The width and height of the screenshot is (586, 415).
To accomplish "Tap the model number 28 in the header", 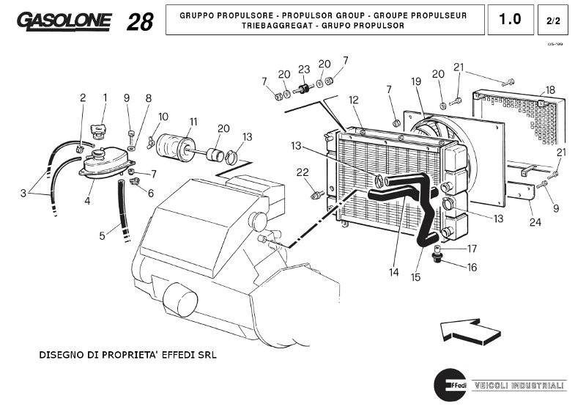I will point(140,22).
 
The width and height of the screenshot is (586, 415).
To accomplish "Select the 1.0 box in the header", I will point(510,20).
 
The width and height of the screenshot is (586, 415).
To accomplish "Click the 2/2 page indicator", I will point(554,21).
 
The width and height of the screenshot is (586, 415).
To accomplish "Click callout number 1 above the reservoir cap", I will point(105,97).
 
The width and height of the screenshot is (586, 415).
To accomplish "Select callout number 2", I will point(83,97).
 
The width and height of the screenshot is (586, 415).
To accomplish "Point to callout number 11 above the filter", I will point(193,121).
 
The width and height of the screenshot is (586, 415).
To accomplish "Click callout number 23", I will point(304,70).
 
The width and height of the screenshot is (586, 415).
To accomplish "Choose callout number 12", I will point(353,100).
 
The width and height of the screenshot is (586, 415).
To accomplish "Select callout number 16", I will point(471,268).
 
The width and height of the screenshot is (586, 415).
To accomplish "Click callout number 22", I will point(302,172).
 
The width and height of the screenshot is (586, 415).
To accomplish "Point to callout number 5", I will point(103,235).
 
